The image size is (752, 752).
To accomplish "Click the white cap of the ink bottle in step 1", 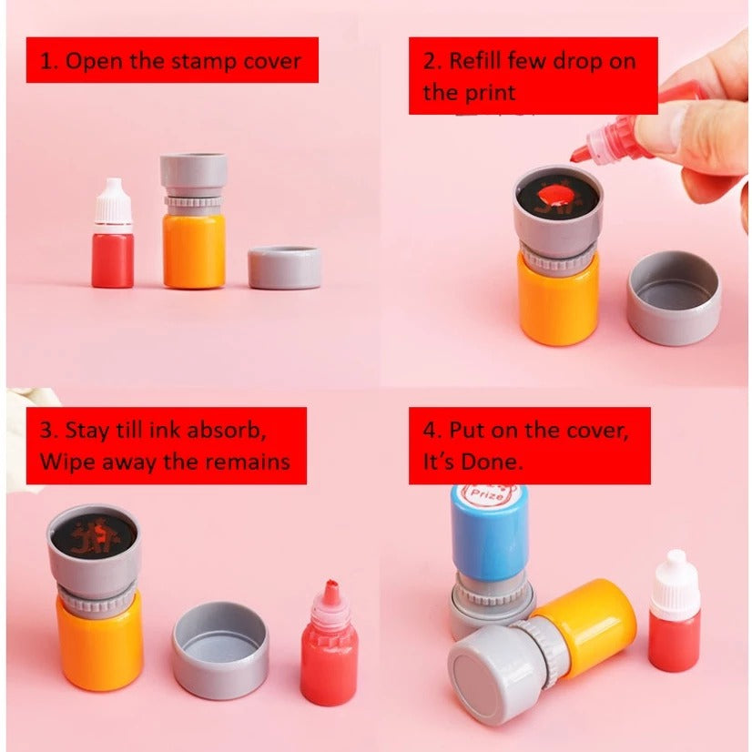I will [x=113, y=201].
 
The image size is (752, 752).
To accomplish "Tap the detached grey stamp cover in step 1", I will [x=284, y=268].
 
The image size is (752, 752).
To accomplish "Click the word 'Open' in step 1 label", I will [x=93, y=62].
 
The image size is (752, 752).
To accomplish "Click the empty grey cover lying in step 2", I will [x=674, y=298].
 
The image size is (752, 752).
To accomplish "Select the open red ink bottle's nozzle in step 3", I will [x=330, y=594].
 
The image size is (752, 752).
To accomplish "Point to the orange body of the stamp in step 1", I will [x=194, y=249].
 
